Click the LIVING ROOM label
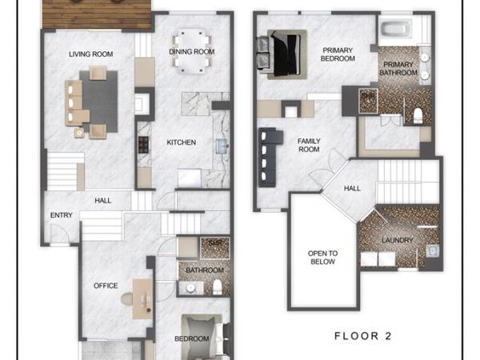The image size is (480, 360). pyautogui.click(x=90, y=54)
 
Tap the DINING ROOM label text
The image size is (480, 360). pyautogui.click(x=192, y=52)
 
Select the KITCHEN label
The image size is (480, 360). pyautogui.click(x=181, y=142)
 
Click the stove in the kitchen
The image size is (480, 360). pyautogui.click(x=144, y=145)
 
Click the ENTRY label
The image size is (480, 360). pyautogui.click(x=61, y=215)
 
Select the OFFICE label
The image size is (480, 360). pyautogui.click(x=105, y=286)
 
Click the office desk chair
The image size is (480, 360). pyautogui.click(x=126, y=298)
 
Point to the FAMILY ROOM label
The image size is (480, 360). pyautogui.click(x=309, y=145)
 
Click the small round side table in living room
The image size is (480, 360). pyautogui.click(x=79, y=133)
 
